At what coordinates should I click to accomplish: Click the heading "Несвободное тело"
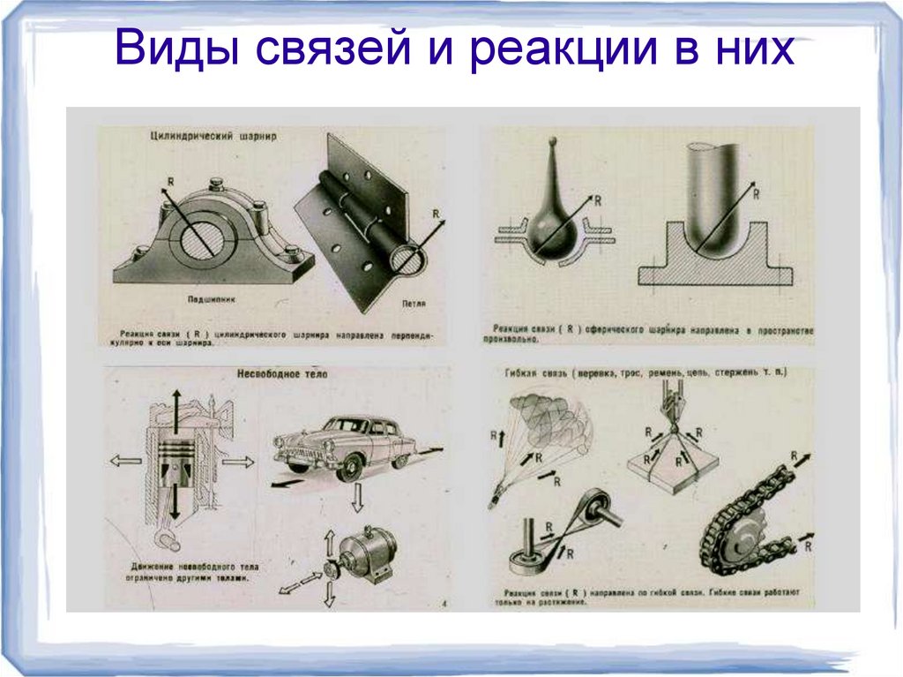pos(281,374)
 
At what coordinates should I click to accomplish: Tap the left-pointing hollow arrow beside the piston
pos(123,461)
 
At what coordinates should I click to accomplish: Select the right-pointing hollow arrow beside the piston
pos(237,461)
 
